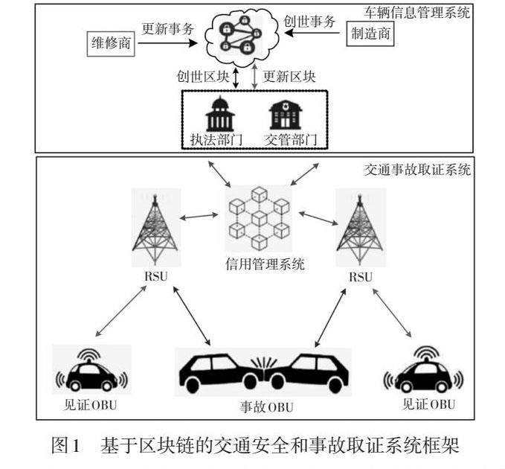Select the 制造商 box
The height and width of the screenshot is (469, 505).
click(x=370, y=33)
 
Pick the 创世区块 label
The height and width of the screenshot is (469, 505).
click(x=202, y=77)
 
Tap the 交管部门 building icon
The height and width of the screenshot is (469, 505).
click(x=286, y=115)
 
